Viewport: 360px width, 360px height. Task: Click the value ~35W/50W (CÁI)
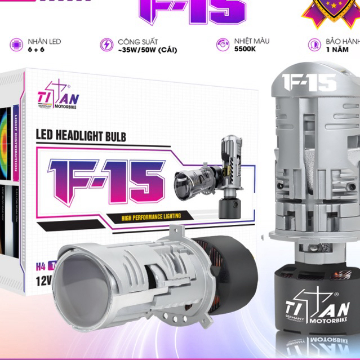click(x=148, y=50)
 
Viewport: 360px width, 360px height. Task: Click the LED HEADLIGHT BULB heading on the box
click(x=81, y=136)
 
